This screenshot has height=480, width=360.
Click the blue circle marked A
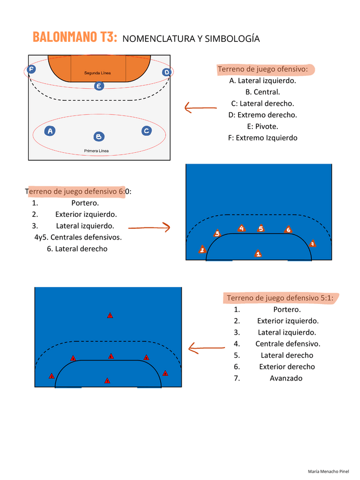(50, 131)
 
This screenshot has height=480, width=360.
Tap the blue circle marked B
(99, 136)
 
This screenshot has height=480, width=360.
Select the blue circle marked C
(147, 131)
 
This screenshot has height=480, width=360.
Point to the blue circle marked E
(99, 86)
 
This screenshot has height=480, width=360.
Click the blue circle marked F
(31, 69)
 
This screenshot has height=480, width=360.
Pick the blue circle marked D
(166, 72)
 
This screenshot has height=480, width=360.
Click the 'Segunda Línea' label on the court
(97, 74)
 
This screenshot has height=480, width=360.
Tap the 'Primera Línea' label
(96, 151)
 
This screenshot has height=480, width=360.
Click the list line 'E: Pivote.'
(263, 126)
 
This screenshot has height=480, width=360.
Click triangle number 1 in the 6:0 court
(258, 254)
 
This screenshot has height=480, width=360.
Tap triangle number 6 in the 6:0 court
(288, 230)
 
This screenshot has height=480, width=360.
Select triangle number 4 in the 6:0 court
(242, 229)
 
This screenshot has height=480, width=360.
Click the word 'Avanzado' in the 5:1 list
(286, 378)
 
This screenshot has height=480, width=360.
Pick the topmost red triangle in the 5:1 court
(110, 315)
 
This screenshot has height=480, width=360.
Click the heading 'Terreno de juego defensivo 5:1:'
(280, 298)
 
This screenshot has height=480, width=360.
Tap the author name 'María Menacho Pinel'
(329, 471)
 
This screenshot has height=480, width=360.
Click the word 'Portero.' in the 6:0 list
(85, 203)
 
